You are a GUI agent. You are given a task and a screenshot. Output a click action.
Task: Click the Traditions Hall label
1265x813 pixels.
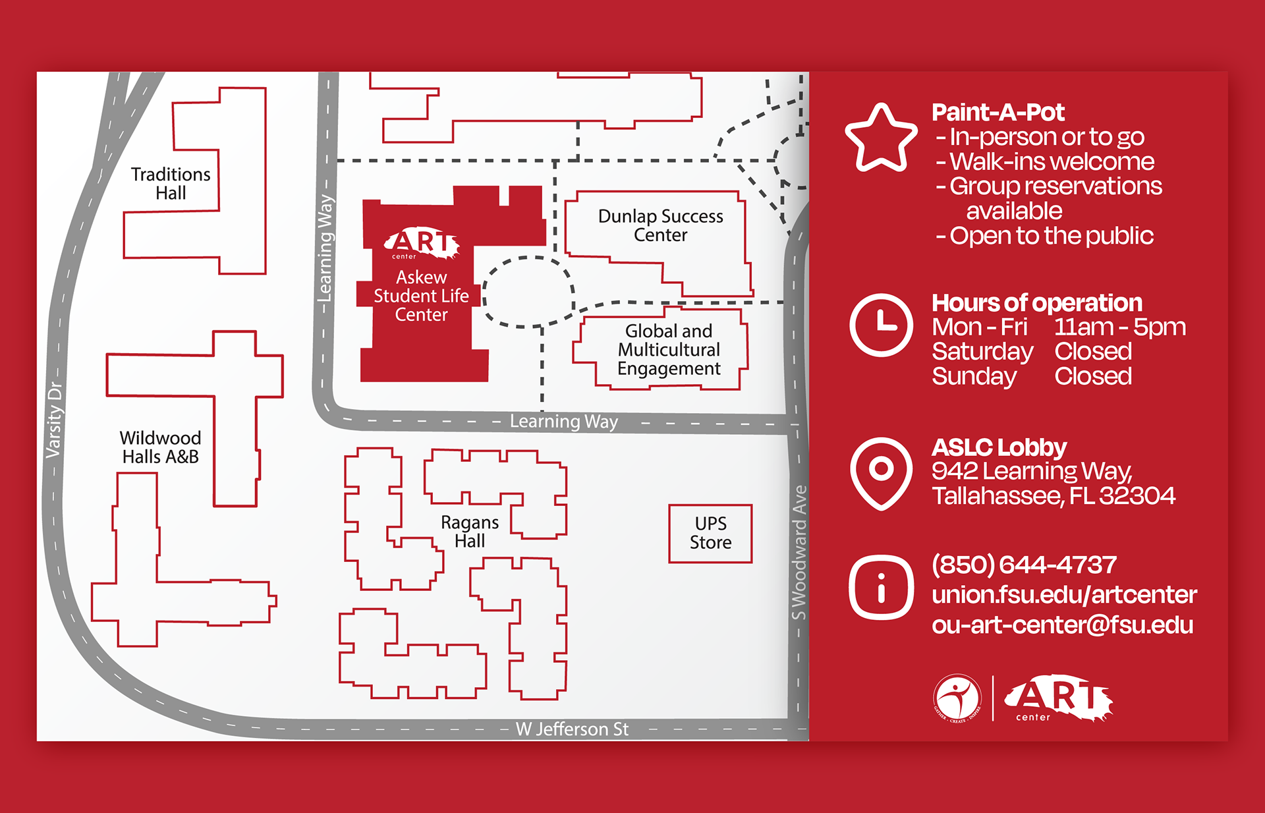pos(171,183)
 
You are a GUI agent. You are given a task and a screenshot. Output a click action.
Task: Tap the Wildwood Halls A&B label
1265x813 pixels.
pos(160,447)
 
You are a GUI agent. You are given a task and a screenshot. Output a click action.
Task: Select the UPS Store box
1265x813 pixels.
pos(710,534)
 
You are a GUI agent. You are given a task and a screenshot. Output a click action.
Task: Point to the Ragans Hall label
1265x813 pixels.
pos(469,531)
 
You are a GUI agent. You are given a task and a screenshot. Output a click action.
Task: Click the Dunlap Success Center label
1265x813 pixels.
pos(660,225)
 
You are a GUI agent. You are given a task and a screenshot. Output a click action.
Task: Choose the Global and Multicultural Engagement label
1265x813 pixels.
pos(669,349)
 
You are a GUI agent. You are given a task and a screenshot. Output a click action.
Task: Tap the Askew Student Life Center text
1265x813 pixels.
pos(421,296)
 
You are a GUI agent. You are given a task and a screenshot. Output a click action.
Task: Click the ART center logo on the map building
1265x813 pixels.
pos(422,244)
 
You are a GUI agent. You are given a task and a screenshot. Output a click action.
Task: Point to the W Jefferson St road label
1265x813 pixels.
pos(572,729)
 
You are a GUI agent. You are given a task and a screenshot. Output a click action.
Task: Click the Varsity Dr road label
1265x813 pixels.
pos(54,420)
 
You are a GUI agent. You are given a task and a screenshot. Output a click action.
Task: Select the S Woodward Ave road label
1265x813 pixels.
pos(799,552)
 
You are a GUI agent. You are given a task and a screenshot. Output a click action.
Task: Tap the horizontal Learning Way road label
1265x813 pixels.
pos(564,421)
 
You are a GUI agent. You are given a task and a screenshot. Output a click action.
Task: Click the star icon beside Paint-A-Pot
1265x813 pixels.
pos(881,138)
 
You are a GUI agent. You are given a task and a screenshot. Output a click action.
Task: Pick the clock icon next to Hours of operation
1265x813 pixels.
pos(881,325)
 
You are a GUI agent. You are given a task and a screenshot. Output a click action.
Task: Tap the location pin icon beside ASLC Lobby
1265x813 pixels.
pos(881,474)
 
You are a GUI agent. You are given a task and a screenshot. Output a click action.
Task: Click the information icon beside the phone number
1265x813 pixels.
pos(881,587)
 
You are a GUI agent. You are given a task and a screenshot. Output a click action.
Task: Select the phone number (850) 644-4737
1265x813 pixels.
pos(1024,565)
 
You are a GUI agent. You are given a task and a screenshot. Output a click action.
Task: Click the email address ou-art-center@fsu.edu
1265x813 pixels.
pos(1062,625)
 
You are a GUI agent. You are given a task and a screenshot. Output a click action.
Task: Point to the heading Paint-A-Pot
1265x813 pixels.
pos(998,113)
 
